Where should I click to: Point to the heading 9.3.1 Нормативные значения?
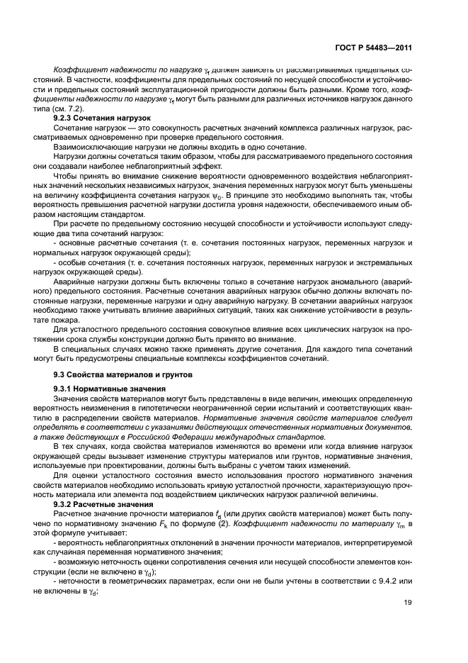click(110, 389)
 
